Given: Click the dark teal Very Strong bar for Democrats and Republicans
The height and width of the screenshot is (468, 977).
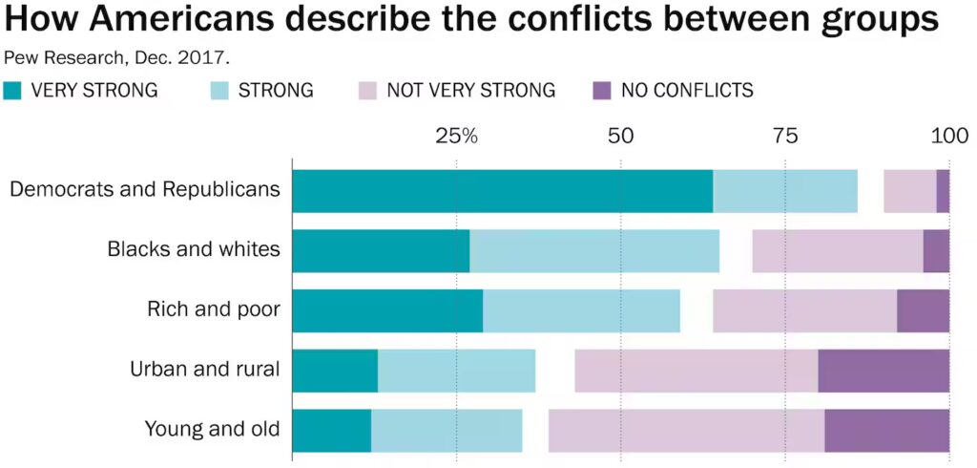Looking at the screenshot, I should pos(502,191).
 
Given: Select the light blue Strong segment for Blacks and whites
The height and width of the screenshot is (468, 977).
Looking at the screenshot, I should pos(593,251).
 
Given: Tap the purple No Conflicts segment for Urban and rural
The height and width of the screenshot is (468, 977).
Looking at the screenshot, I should pos(883,371).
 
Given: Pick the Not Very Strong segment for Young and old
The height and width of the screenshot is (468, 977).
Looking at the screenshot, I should pos(686,431).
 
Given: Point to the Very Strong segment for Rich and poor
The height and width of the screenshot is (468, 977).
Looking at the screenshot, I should pos(387,311).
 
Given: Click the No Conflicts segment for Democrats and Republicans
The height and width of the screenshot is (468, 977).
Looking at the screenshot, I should pos(943,191).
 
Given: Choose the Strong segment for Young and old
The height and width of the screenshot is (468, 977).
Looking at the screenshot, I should pos(447,431).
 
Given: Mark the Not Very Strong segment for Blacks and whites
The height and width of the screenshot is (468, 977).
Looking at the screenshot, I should pos(838,251).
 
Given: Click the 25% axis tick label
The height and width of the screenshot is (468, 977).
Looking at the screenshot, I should pos(456,137).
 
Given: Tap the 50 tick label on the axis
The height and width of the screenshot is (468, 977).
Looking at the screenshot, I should pos(621,137).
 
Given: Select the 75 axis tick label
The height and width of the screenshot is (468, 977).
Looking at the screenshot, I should pos(785,137).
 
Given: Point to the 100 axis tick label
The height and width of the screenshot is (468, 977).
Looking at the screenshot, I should pos(949,137).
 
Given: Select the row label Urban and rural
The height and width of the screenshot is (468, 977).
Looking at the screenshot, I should pos(204,370).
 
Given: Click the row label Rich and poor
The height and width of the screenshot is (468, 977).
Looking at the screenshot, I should pos(213,309).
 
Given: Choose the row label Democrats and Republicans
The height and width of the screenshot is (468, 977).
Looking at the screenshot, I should pos(144,189).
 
